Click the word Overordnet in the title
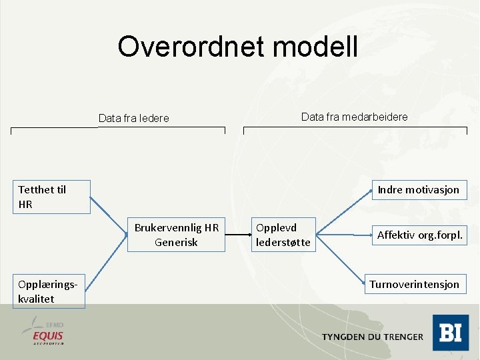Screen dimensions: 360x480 click(191, 47)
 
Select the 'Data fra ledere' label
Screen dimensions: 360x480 click(133, 118)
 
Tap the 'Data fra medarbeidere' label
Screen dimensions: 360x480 click(354, 117)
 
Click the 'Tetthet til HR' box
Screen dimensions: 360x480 click(51, 197)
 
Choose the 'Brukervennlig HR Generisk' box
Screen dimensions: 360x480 click(177, 234)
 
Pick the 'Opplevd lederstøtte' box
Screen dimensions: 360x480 click(283, 234)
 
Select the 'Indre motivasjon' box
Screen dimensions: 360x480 click(418, 189)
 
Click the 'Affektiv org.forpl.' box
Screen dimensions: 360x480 click(419, 235)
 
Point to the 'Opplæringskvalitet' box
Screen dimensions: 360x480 click(49, 291)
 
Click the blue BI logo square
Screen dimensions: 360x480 click(450, 333)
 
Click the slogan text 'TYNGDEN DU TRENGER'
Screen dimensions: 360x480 click(372, 337)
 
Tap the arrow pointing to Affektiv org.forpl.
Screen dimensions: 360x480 click(343, 234)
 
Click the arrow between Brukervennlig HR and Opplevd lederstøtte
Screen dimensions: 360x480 click(239, 235)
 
